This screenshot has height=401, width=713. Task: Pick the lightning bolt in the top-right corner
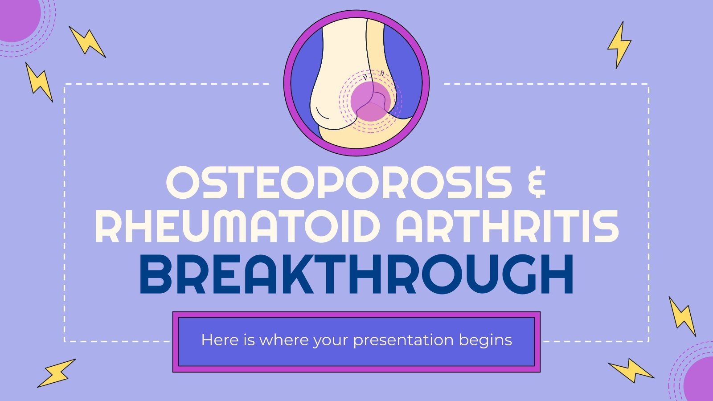tap(619, 45)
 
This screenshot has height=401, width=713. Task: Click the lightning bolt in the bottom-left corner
tap(56, 372)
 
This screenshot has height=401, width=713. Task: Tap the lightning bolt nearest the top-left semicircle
tap(87, 41)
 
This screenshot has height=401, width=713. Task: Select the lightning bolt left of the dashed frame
tap(39, 82)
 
